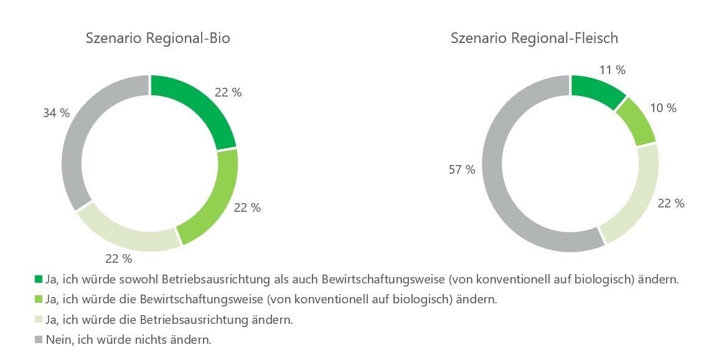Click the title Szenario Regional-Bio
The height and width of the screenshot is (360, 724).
tap(157, 39)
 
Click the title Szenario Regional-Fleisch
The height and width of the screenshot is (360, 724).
tap(534, 39)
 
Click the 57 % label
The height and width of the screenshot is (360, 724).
tap(462, 169)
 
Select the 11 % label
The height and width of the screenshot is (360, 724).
tap(613, 70)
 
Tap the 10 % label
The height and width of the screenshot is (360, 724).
tap(663, 108)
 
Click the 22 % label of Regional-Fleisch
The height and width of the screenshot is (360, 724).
tap(671, 203)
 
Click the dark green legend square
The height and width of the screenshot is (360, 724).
tap(39, 279)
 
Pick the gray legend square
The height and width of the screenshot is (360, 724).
tap(39, 339)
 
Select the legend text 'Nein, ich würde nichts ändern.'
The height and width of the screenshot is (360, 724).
tap(129, 339)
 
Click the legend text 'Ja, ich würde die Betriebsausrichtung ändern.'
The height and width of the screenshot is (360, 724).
tap(169, 320)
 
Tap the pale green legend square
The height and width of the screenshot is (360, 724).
tap(39, 320)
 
